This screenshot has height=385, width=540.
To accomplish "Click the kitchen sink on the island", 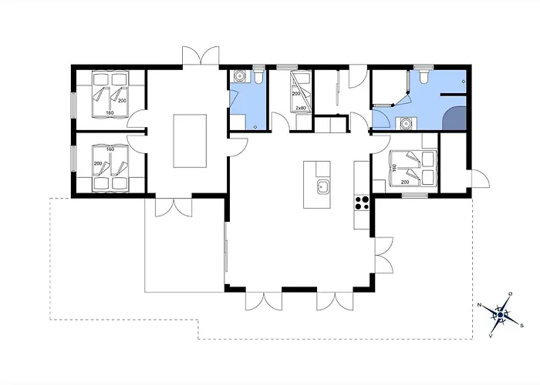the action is [322, 187].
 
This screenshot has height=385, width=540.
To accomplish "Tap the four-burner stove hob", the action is [362, 203].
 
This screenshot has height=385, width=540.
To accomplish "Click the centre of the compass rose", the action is [501, 314].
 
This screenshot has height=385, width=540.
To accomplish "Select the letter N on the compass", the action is [479, 305].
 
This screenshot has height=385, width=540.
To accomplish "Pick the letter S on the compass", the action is [521, 325].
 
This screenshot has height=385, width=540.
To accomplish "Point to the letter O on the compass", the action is [511, 293].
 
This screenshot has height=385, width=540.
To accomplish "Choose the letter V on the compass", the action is [490, 336].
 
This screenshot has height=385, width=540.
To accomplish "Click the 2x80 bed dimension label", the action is [301, 108].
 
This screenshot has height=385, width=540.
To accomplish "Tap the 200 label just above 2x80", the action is [296, 93].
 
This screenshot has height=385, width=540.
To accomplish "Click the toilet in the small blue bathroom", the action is [258, 76].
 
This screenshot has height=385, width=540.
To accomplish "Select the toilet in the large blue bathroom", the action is [424, 76].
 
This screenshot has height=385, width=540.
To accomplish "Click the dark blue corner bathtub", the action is [454, 119].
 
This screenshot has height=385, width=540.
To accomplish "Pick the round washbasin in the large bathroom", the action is [407, 123].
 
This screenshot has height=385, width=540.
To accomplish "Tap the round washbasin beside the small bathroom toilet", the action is [238, 75].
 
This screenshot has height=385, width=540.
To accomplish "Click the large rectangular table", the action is [190, 141].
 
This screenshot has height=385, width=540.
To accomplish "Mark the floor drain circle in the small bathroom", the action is [255, 127].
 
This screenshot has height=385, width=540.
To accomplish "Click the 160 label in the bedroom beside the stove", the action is [395, 168].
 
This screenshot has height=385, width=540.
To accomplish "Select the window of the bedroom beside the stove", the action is [415, 196].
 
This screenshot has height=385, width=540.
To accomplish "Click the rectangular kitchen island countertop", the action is [317, 185].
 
